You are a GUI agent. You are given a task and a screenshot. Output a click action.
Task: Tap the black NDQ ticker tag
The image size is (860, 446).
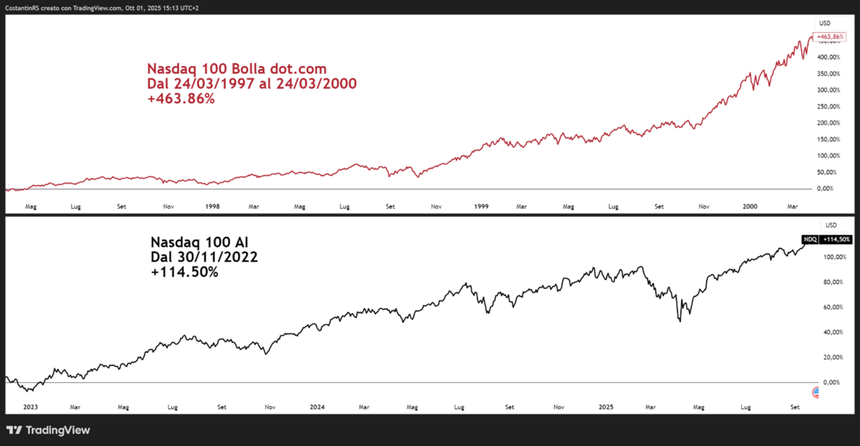point(808,240)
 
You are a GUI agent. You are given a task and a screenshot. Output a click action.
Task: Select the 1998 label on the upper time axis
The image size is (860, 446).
point(212,205)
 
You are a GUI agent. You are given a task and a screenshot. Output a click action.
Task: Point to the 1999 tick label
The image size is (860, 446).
point(482,205)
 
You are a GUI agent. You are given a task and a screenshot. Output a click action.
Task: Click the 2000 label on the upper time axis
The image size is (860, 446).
point(750,205)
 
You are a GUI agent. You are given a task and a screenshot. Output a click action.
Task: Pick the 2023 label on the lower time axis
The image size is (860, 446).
point(30,407)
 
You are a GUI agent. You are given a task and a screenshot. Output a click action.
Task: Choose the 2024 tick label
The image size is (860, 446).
point(317,407)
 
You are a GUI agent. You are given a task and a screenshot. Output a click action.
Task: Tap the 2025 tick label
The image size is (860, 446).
point(606,407)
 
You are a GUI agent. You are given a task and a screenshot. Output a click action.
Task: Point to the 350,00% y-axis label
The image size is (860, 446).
point(831,74)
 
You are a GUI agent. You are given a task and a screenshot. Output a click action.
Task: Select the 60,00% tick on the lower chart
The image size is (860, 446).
point(831,307)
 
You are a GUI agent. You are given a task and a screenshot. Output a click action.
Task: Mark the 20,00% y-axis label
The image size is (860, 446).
point(831,357)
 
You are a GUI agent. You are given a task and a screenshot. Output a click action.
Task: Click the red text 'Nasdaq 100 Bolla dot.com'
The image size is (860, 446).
point(236,69)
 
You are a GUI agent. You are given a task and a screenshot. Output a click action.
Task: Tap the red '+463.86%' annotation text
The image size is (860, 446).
point(181,100)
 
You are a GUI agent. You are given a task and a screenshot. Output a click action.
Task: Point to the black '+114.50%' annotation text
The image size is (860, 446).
point(184,273)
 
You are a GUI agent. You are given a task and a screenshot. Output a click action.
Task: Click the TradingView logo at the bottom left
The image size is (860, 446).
point(48,430)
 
